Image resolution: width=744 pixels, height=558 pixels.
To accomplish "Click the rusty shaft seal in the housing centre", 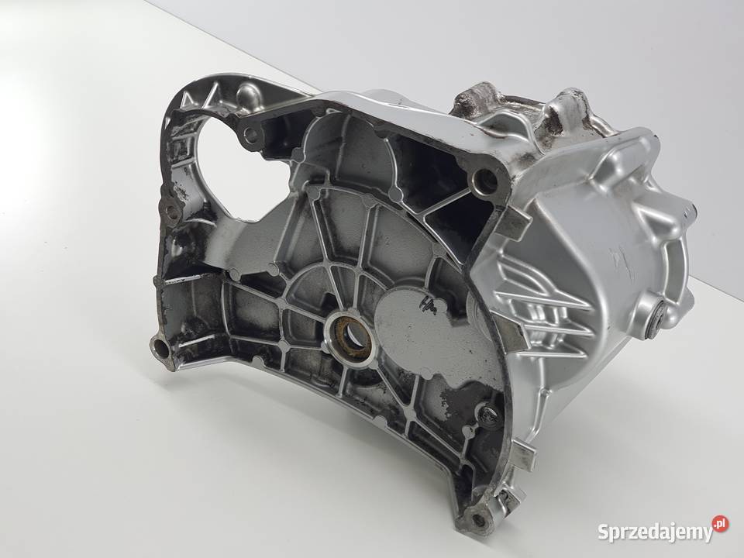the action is (350, 332).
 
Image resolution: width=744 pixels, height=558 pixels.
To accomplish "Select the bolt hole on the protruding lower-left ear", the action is (160, 348).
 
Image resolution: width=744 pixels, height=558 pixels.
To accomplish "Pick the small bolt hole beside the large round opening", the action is (251, 135).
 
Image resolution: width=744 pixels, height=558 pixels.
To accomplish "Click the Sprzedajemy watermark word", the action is (655, 532).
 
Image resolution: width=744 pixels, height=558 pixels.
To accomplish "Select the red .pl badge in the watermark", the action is (721, 524).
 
